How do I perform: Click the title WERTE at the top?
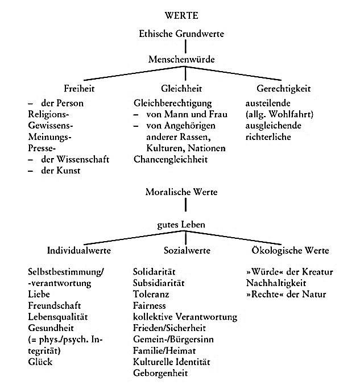pyautogui.click(x=181, y=15)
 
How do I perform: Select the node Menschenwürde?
pyautogui.click(x=181, y=59)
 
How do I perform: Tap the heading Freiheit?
pyautogui.click(x=79, y=88)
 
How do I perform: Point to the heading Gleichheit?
pyautogui.click(x=181, y=88)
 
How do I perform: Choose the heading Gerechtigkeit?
pyautogui.click(x=284, y=89)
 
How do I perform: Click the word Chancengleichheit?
pyautogui.click(x=171, y=159)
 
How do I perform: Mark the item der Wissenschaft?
pyautogui.click(x=75, y=159)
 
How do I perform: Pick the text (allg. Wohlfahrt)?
pyautogui.click(x=280, y=114)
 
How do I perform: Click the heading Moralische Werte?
pyautogui.click(x=181, y=192)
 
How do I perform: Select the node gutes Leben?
pyautogui.click(x=181, y=225)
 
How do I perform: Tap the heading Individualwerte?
pyautogui.click(x=79, y=250)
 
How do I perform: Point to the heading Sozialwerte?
pyautogui.click(x=187, y=250)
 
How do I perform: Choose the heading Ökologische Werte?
pyautogui.click(x=290, y=250)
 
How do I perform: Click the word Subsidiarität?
pyautogui.click(x=159, y=283)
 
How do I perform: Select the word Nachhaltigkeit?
pyautogui.click(x=276, y=283)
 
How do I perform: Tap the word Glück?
pyautogui.click(x=40, y=362)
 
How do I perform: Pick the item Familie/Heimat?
pyautogui.click(x=164, y=350)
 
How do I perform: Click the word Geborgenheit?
pyautogui.click(x=160, y=373)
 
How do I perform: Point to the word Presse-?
pyautogui.click(x=42, y=148)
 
